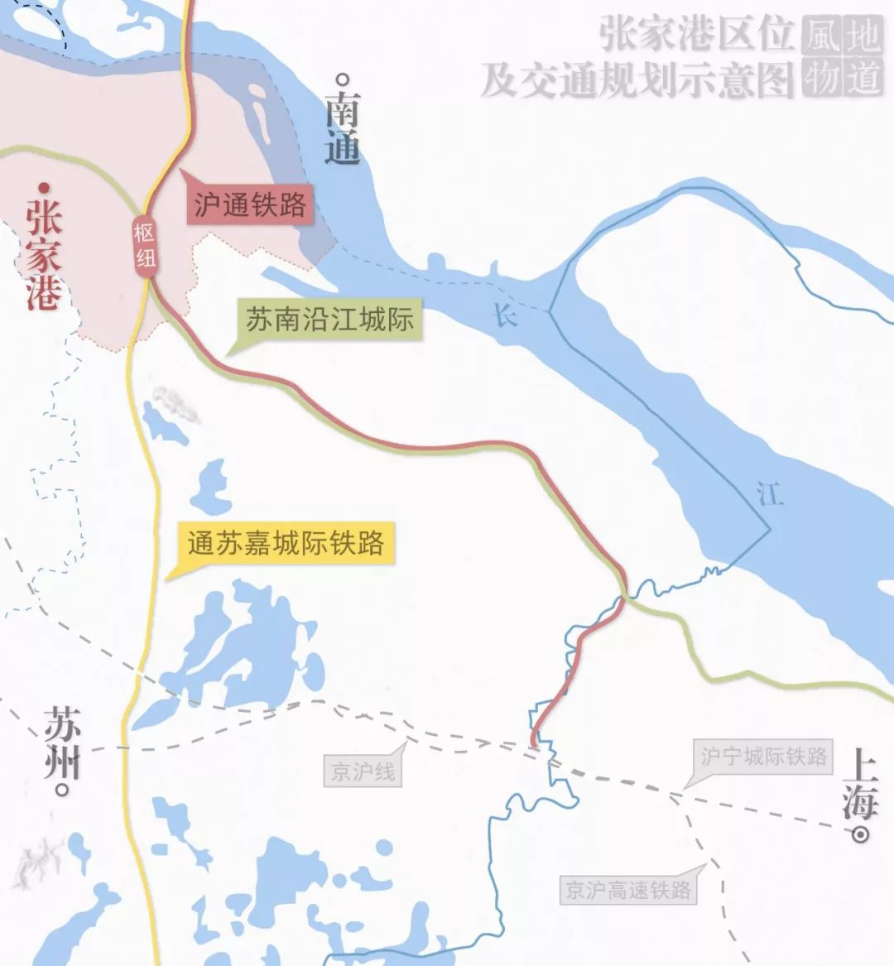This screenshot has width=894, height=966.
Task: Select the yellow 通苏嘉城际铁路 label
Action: tap(286, 543)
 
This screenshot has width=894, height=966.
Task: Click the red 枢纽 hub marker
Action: tap(146, 244)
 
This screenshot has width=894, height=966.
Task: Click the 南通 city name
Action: tap(342, 128)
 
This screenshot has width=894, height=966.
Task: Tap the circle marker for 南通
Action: tap(342, 80)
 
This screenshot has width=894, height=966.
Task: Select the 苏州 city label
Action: tap(63, 741)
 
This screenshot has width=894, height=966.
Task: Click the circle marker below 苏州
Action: tap(60, 789)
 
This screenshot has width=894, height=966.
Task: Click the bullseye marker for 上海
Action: tap(862, 834)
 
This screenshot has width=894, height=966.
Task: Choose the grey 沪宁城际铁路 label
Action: tap(763, 757)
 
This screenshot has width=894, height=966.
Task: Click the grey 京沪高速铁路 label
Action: tap(627, 890)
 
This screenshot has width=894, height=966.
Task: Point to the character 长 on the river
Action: tap(505, 315)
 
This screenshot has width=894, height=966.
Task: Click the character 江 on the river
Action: tap(770, 494)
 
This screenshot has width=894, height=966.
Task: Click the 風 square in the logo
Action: tap(819, 37)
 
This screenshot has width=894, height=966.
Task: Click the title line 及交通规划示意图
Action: tap(637, 81)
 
